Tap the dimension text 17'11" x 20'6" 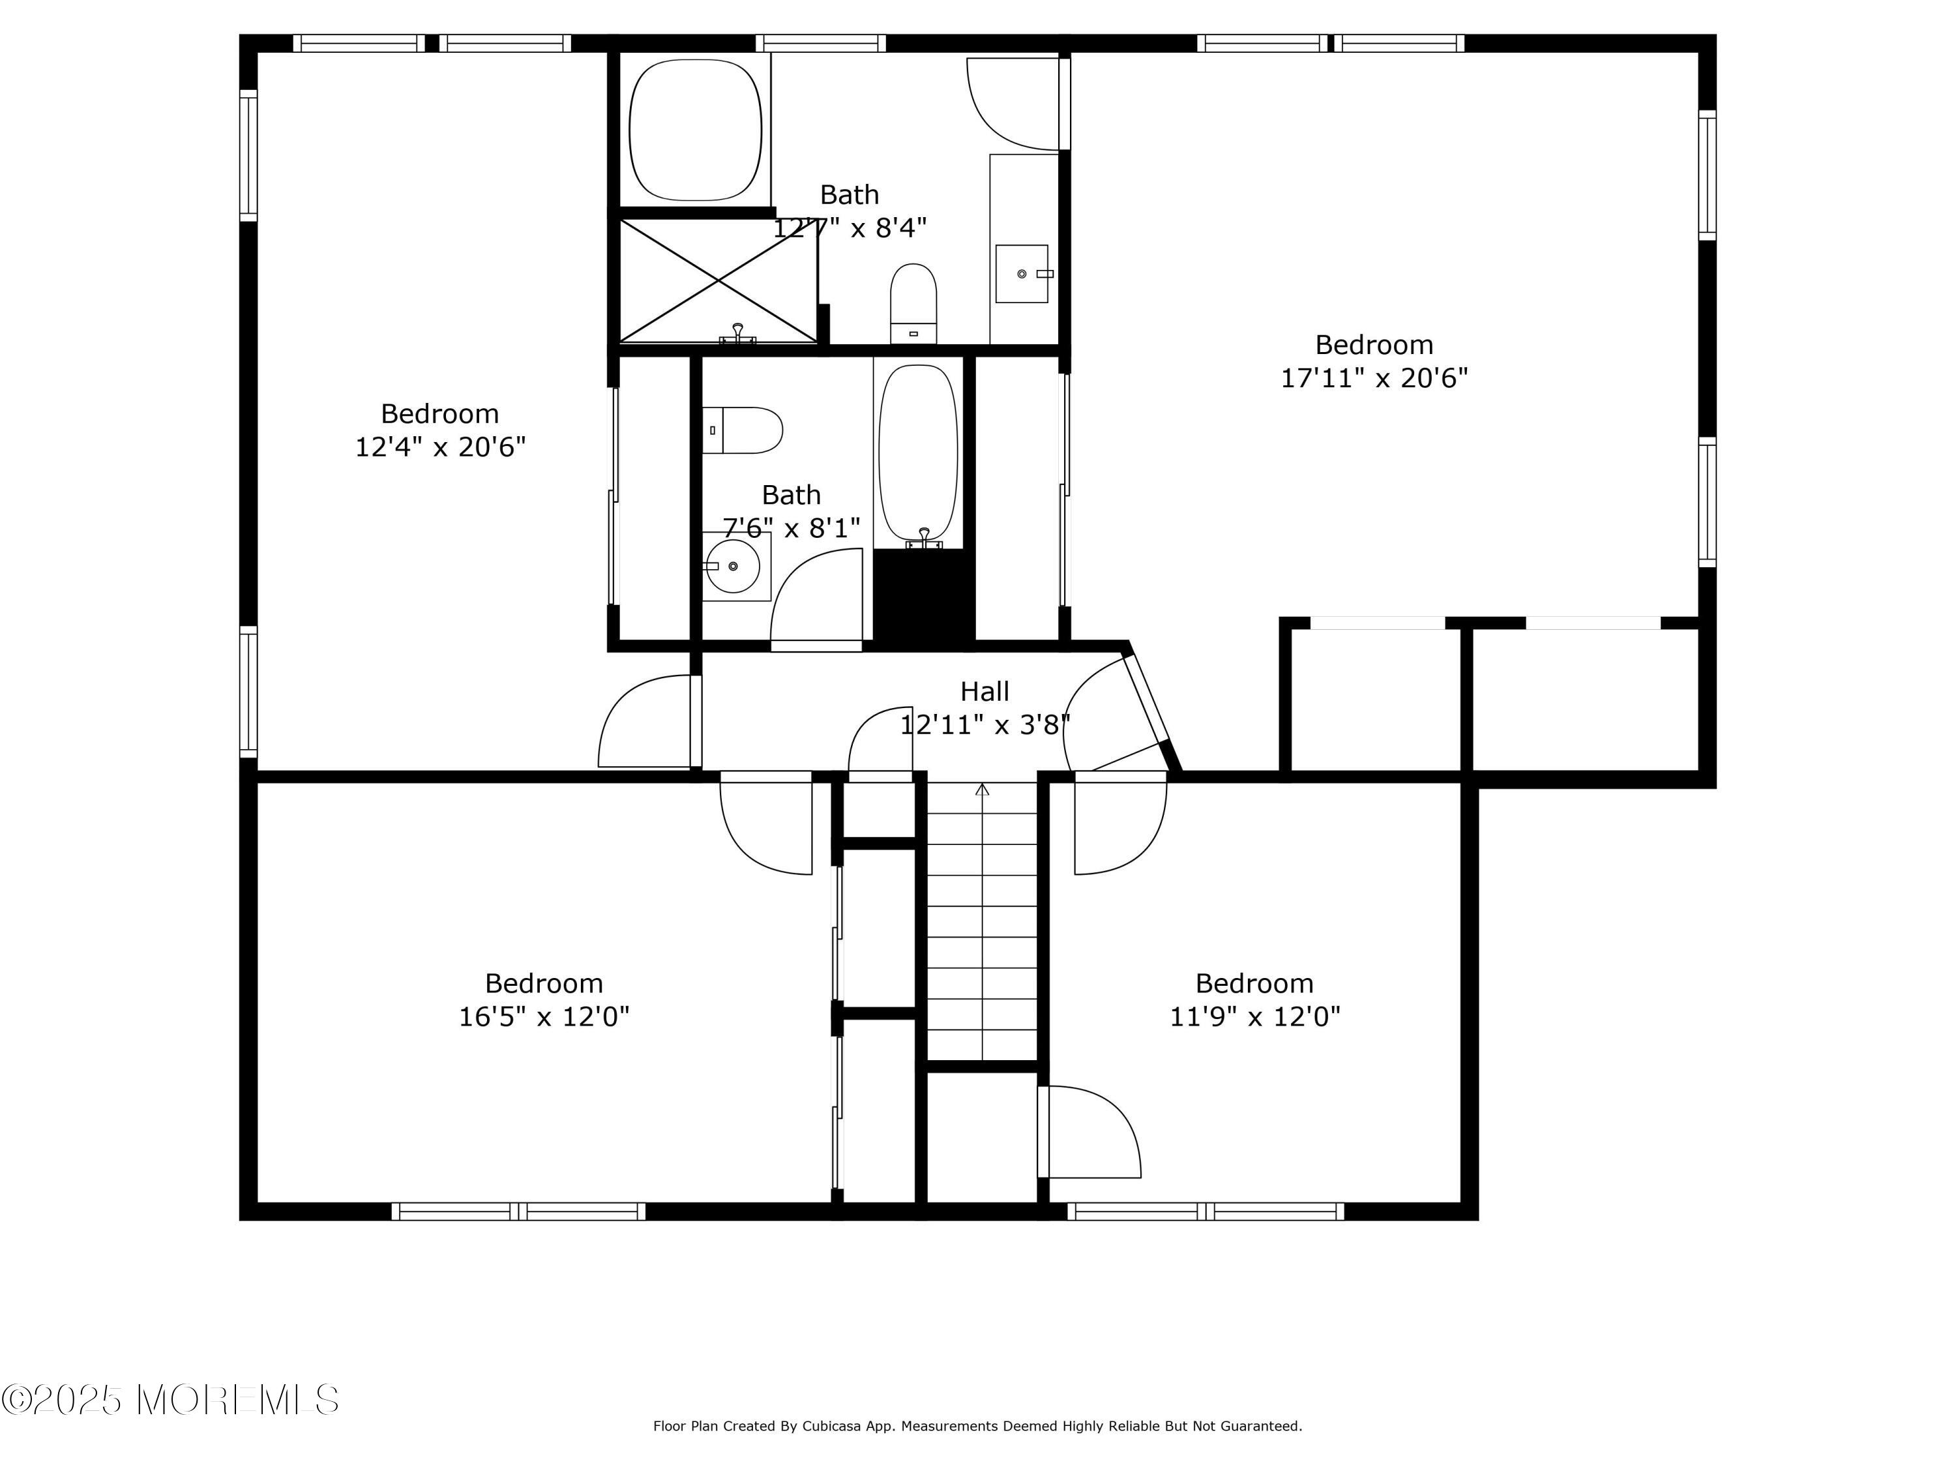1374,378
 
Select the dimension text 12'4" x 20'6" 440,447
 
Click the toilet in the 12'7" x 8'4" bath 913,303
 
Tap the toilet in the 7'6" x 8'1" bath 743,430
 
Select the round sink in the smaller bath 733,566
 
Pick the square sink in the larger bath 1022,274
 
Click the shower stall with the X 718,281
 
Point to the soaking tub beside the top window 695,130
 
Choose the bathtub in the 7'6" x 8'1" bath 918,452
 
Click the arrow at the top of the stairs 983,789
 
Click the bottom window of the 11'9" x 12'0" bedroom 1206,1211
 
